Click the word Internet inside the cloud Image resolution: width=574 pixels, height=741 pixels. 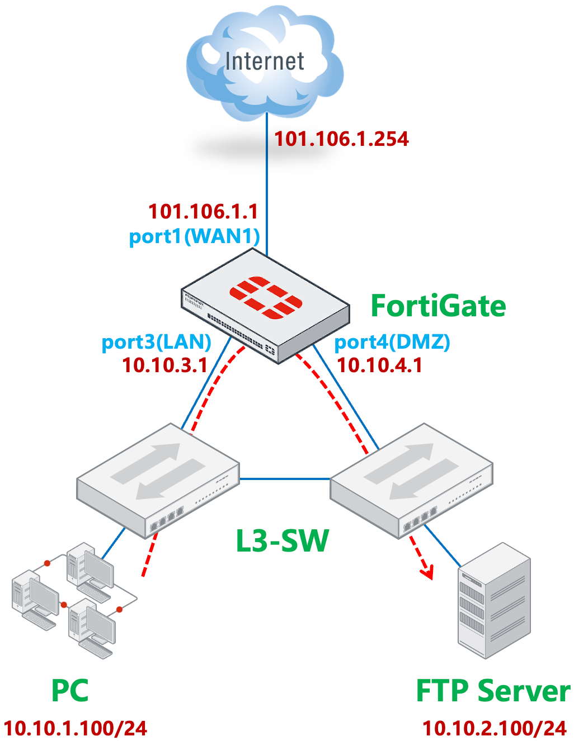pos(265,61)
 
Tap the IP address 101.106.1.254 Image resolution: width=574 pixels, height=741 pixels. pos(341,139)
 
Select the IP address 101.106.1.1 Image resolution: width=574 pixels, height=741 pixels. pos(203,212)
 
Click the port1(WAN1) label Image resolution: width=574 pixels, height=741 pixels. pos(194,236)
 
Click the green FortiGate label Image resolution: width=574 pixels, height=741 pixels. pos(438,306)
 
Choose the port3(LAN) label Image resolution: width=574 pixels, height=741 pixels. pos(156,341)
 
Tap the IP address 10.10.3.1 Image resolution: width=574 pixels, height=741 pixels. pos(164,365)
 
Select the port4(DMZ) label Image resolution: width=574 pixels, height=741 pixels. pos(392,341)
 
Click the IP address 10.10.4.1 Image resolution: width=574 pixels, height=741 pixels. pos(379,365)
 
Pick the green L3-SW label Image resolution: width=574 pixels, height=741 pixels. pos(282,541)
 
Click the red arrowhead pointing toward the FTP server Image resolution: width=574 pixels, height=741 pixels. pos(428,573)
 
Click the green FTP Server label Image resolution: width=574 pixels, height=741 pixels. pos(493,691)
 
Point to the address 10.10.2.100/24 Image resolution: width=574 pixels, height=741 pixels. pos(495,728)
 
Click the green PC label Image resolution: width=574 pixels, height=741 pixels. pos(70,691)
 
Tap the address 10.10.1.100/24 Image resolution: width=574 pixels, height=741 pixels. pos(76,728)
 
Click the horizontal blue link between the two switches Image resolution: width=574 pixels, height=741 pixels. pos(285,479)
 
